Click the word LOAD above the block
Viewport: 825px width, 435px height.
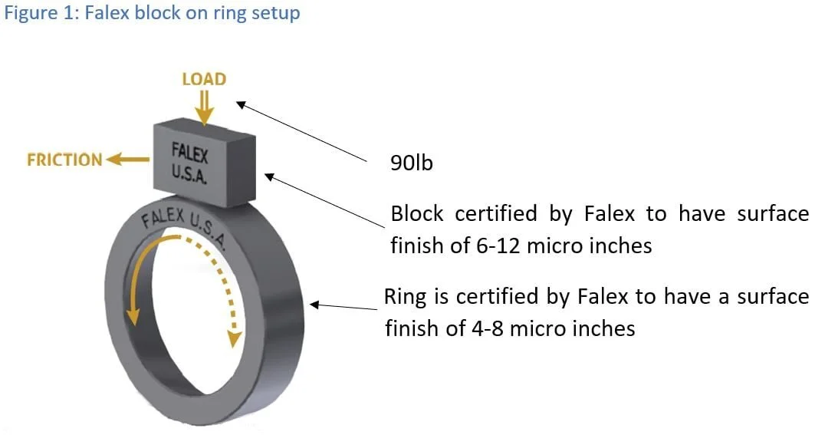click(203, 79)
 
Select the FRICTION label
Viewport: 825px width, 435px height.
click(64, 160)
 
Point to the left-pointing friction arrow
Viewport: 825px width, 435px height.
click(128, 160)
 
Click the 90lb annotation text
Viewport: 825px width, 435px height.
click(412, 163)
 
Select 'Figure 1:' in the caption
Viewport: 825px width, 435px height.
click(35, 13)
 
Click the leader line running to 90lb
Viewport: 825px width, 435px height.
click(307, 132)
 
